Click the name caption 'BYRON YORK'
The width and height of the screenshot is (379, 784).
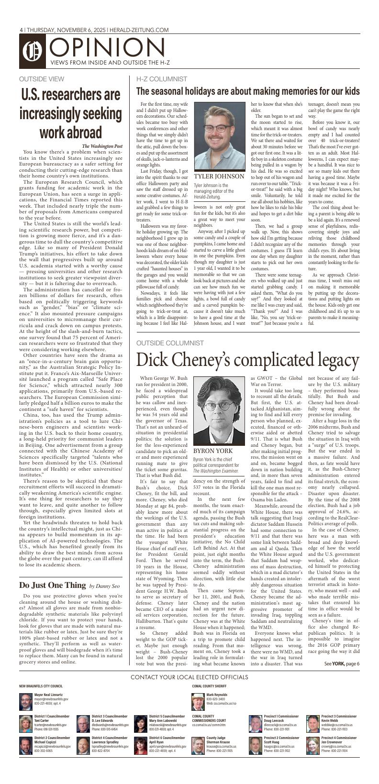213,451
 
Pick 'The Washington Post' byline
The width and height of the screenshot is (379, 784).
102,146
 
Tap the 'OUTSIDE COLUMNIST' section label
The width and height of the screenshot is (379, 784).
170,343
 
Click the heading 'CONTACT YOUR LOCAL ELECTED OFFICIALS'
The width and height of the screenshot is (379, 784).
189,677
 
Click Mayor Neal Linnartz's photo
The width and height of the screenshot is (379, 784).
25,701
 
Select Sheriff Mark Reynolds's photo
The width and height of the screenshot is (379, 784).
198,701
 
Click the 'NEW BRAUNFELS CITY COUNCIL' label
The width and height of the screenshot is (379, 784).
41,686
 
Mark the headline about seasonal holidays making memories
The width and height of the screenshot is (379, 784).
248,91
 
